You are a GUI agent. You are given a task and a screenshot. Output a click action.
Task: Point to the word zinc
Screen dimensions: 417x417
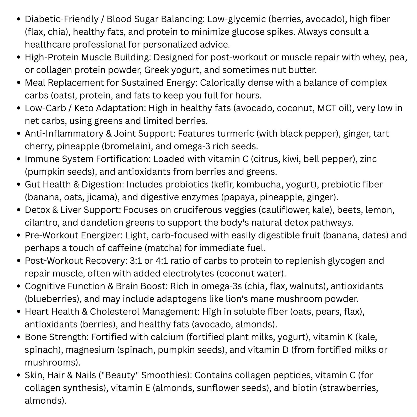368,159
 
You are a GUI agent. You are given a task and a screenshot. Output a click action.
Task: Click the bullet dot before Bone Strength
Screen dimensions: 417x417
18,337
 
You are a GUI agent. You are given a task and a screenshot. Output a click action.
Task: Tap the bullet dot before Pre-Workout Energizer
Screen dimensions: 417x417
18,235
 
